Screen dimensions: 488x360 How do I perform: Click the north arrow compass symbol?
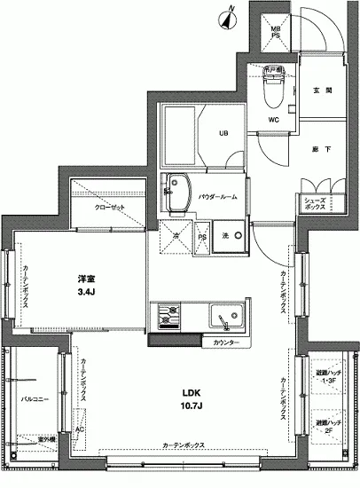[230, 13]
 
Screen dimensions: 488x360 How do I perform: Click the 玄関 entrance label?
[322, 91]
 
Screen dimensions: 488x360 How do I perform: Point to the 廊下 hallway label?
[322, 149]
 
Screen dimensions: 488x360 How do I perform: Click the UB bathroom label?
[224, 134]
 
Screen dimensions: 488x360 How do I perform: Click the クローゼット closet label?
[111, 206]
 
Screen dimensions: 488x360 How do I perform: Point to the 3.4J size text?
[86, 290]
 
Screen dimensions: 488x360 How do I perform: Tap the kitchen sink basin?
[222, 315]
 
